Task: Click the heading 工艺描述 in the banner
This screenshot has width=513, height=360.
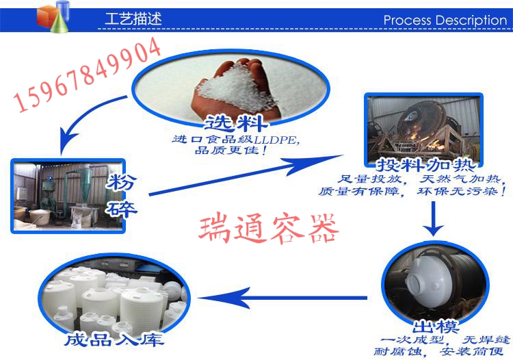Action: click(x=133, y=18)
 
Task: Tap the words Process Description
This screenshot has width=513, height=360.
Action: click(x=445, y=21)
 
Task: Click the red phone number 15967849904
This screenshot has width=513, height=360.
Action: click(x=88, y=75)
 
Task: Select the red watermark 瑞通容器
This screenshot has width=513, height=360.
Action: click(x=268, y=229)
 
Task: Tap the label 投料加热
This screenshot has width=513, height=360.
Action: click(x=425, y=165)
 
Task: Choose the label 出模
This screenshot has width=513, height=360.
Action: click(x=435, y=326)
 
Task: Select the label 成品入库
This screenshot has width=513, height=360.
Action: click(x=114, y=339)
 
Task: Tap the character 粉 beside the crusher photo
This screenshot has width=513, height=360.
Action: click(x=121, y=182)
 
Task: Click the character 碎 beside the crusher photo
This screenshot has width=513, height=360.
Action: click(x=121, y=209)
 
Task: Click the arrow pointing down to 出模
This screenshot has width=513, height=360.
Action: click(x=433, y=218)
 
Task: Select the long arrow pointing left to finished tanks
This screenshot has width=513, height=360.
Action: click(x=282, y=298)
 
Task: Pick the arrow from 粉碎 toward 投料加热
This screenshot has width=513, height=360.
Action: click(x=246, y=175)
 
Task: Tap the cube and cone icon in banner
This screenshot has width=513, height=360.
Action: click(x=53, y=16)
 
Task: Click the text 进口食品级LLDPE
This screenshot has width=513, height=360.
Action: click(x=235, y=140)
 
